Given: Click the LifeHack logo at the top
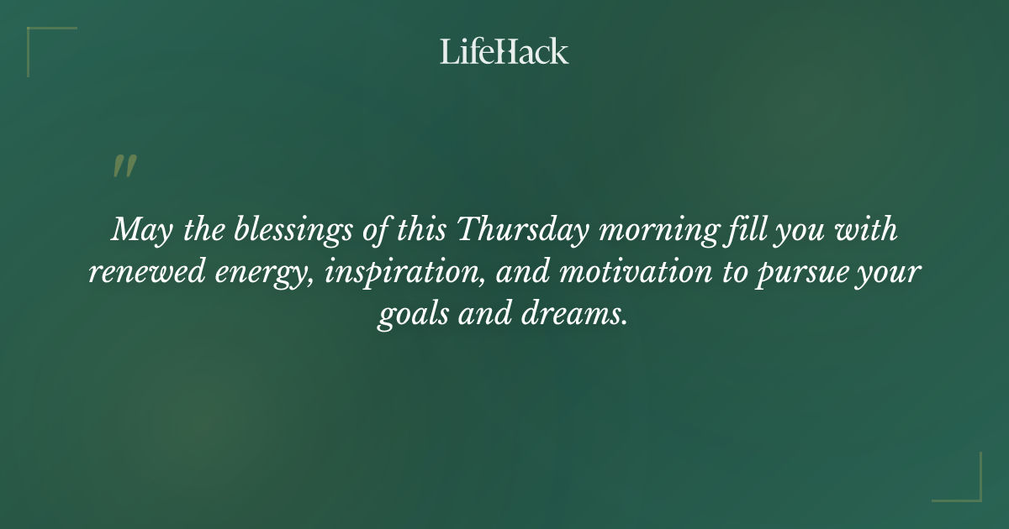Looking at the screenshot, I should click(x=504, y=51).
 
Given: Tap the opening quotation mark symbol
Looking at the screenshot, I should click(x=124, y=166).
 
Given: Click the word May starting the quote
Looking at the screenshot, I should click(x=135, y=230).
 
